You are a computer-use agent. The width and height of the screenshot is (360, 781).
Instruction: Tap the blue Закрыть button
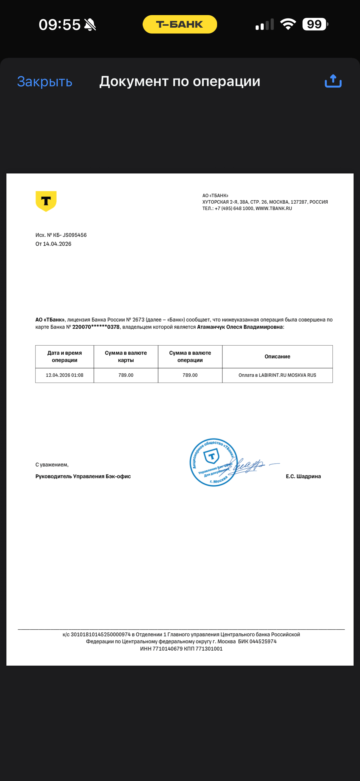[x=45, y=82]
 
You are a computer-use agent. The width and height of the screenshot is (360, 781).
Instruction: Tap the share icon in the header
[x=333, y=81]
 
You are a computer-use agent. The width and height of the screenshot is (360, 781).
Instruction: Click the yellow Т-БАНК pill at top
[x=180, y=24]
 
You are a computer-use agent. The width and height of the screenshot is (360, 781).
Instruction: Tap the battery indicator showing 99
[x=315, y=24]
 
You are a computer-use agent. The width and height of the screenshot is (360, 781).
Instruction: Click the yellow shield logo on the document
[x=46, y=201]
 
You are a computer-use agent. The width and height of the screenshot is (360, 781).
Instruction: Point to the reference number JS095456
[x=75, y=235]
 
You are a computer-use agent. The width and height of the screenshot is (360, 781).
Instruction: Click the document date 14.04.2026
[x=57, y=244]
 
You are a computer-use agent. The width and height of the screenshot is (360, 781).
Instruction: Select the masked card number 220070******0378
[x=96, y=327]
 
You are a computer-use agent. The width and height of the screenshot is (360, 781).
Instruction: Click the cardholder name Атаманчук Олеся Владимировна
[x=240, y=327]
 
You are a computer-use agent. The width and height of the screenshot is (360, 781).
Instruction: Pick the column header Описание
[x=277, y=356]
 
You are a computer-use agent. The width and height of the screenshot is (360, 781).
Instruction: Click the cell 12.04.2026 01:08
[x=64, y=375]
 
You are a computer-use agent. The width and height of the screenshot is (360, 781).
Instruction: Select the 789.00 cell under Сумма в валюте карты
[x=126, y=375]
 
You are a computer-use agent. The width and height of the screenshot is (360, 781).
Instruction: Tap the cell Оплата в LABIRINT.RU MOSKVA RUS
[x=277, y=375]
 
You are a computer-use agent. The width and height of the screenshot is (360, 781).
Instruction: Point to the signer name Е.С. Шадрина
[x=303, y=476]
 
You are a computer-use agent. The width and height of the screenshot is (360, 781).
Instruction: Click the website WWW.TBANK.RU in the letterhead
[x=274, y=208]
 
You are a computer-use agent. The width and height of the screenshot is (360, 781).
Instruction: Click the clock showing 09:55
[x=59, y=25]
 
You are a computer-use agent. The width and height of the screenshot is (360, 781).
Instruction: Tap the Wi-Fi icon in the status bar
[x=288, y=24]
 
